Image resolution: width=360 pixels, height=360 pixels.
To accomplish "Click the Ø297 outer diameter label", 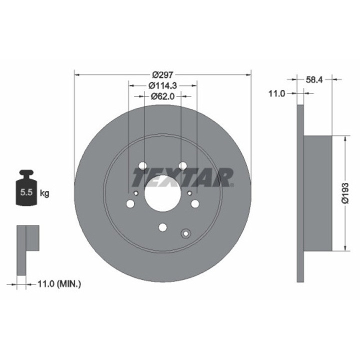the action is tap(162, 75).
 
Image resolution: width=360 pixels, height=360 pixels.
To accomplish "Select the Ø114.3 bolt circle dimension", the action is tap(162, 85).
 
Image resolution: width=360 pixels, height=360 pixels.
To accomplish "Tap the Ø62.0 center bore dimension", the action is tap(162, 96).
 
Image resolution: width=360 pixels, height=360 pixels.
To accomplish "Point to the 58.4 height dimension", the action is tap(314, 79).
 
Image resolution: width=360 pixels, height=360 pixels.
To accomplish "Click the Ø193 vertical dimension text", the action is tap(345, 193).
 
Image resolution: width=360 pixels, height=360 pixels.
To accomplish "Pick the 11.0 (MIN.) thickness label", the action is tap(59, 284).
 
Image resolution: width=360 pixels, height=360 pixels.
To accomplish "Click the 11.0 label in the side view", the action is tap(276, 93).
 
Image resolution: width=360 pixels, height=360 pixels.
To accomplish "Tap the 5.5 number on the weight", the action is tap(26, 192).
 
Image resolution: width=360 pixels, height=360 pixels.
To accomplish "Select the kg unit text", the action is tap(44, 193).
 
